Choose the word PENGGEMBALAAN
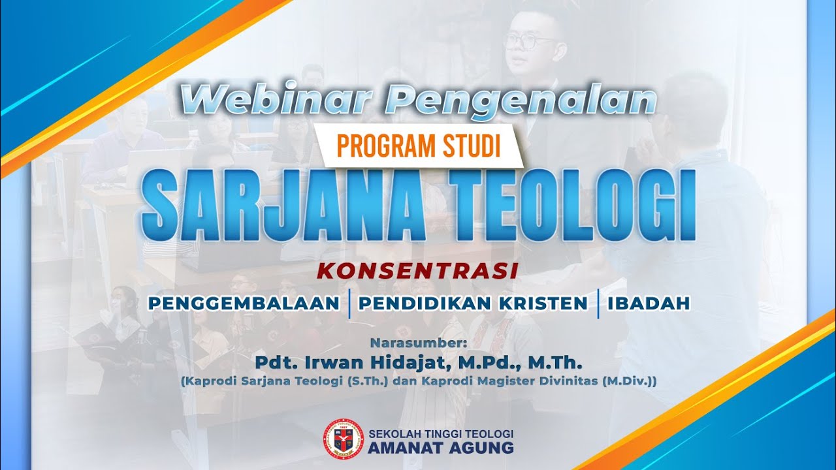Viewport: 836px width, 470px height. [244, 304]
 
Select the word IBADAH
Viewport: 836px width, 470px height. [648, 304]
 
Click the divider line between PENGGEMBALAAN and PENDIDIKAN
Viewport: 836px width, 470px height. [349, 305]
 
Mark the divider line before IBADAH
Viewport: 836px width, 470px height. [598, 305]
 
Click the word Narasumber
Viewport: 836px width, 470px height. [418, 342]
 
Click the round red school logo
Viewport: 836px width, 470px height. [343, 439]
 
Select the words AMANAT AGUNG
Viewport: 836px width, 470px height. [441, 448]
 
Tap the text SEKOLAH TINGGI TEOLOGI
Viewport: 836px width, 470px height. [441, 433]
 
